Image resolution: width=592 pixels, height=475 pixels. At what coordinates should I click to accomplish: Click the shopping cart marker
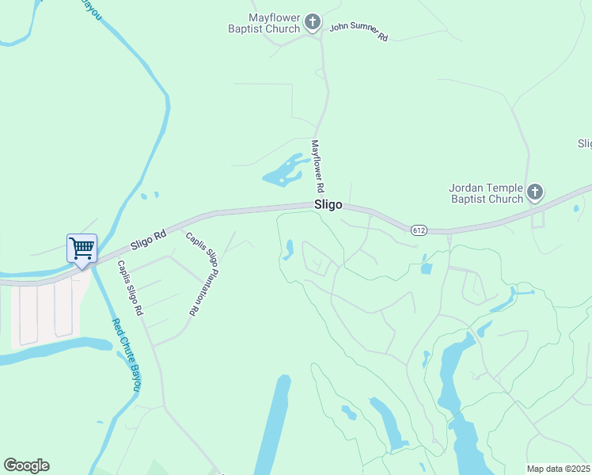[x=82, y=249]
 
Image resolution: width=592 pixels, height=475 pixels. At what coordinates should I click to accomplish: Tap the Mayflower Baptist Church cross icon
[x=313, y=22]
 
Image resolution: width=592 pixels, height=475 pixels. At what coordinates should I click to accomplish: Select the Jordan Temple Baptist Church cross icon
[x=535, y=192]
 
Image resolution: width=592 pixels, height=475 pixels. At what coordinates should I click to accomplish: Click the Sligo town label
[x=328, y=204]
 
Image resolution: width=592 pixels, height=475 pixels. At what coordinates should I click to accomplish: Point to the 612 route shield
[x=419, y=230]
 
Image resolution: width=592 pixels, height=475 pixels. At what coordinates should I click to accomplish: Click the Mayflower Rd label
[x=318, y=166]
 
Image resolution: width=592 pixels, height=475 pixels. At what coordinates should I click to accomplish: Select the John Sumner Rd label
[x=359, y=32]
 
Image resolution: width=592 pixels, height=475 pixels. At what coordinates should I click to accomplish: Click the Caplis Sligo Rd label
[x=130, y=288]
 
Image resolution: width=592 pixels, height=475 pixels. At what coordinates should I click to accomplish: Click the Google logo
[x=26, y=465]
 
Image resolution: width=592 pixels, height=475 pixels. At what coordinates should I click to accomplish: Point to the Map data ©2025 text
[x=558, y=469]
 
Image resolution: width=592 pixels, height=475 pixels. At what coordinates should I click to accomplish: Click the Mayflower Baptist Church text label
[x=274, y=23]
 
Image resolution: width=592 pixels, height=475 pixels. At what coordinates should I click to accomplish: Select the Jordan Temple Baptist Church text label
[x=486, y=193]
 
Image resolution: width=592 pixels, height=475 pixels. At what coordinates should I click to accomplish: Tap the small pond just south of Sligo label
[x=288, y=250]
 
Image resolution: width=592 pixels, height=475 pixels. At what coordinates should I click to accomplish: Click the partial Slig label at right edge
[x=584, y=143]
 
